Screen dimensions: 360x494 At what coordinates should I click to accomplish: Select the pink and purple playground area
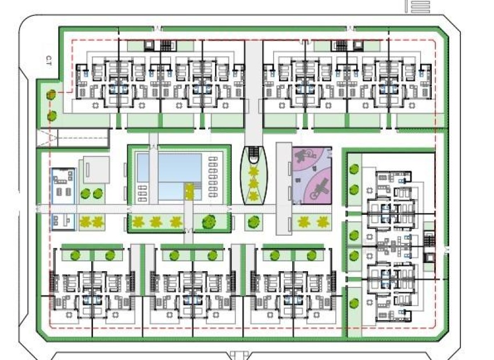pyautogui.click(x=312, y=175)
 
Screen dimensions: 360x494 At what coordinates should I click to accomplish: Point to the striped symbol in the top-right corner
pyautogui.click(x=420, y=6)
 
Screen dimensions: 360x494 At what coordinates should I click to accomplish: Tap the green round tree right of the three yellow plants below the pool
pyautogui.click(x=207, y=221)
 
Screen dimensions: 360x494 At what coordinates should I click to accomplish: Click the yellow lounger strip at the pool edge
pyautogui.click(x=188, y=190)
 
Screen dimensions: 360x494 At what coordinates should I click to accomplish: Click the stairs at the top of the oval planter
pyautogui.click(x=254, y=153)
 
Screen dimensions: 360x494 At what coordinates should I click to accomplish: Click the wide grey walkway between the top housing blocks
pyautogui.click(x=253, y=87)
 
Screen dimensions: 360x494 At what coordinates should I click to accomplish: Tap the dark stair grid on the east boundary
pyautogui.click(x=429, y=239)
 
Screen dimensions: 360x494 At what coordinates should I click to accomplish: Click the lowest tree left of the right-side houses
pyautogui.click(x=354, y=304)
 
